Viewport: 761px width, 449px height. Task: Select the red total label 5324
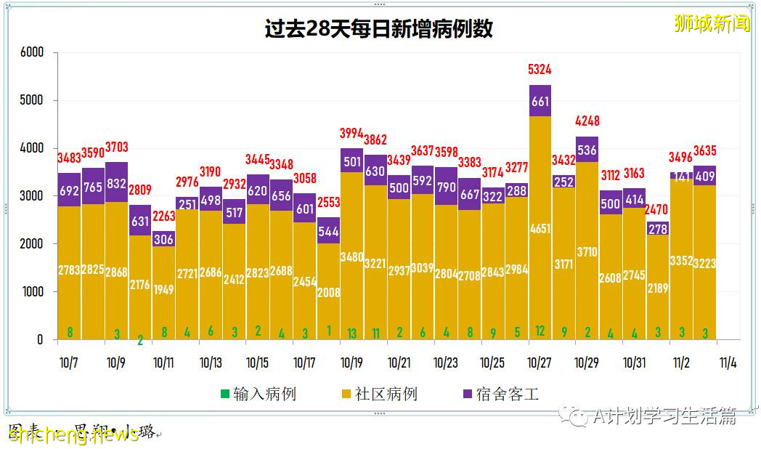(x=539, y=70)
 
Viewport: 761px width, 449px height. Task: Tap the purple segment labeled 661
(x=540, y=101)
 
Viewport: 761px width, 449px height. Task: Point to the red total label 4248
(x=587, y=121)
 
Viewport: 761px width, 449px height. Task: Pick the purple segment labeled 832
(x=116, y=183)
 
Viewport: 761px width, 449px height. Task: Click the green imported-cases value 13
(x=351, y=333)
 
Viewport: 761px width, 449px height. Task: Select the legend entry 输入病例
(x=259, y=395)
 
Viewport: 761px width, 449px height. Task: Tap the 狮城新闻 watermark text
(x=712, y=23)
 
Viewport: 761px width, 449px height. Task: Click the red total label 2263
(x=163, y=215)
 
